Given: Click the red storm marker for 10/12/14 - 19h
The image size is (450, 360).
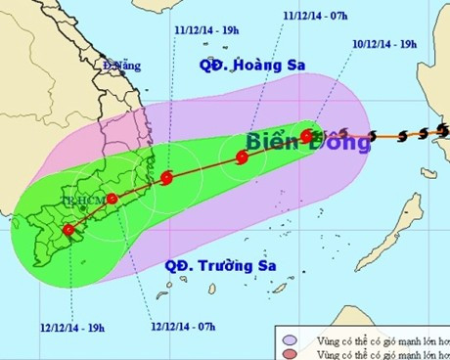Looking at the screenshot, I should coord(306,136).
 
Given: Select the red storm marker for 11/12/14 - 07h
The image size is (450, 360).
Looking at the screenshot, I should coord(242,157).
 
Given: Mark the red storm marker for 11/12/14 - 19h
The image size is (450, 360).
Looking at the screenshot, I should coord(166,178).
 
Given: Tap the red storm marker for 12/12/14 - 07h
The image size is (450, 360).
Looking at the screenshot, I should coord(112,199).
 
